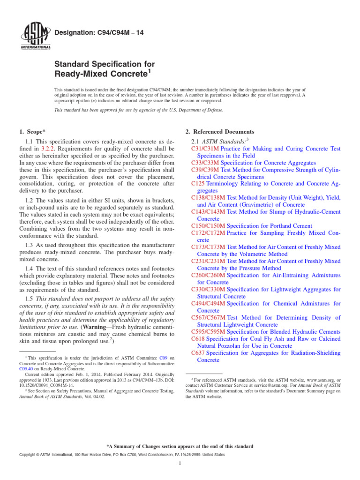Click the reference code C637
[198, 352]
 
